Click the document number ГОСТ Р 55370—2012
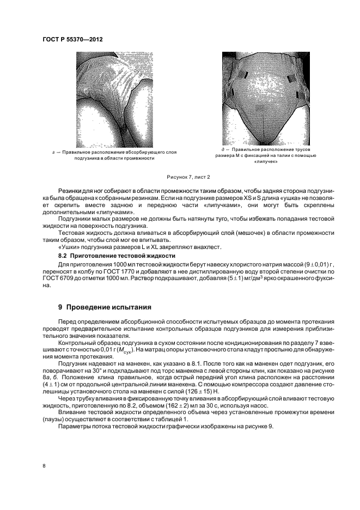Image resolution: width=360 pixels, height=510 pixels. [x=72, y=39]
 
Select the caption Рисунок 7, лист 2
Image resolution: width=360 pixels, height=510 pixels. [x=188, y=177]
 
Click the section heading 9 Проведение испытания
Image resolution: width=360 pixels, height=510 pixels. [x=101, y=307]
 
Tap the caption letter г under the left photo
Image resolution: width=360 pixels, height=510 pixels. [x=50, y=152]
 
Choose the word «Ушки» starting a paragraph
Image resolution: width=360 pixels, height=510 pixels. [x=68, y=246]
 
